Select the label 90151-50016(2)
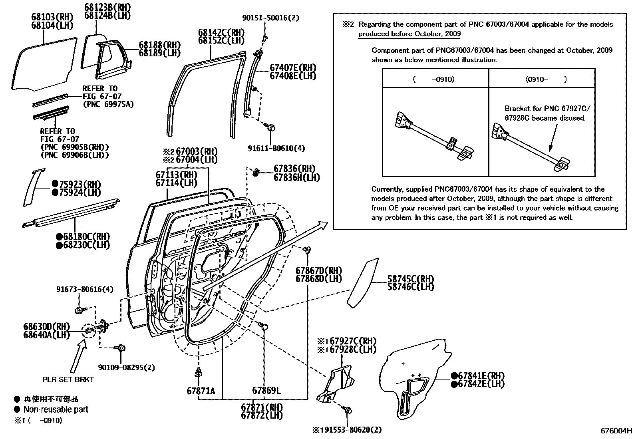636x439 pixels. (x=270, y=18)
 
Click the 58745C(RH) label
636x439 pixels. (x=410, y=279)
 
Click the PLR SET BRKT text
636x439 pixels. (x=68, y=379)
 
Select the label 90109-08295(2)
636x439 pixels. (x=126, y=367)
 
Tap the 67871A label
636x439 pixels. (x=201, y=391)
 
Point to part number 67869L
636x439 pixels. (x=266, y=391)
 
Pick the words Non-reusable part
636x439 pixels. (x=56, y=409)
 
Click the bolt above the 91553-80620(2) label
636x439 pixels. (x=347, y=410)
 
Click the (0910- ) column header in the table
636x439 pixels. (x=542, y=79)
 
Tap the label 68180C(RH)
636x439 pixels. (x=83, y=237)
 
